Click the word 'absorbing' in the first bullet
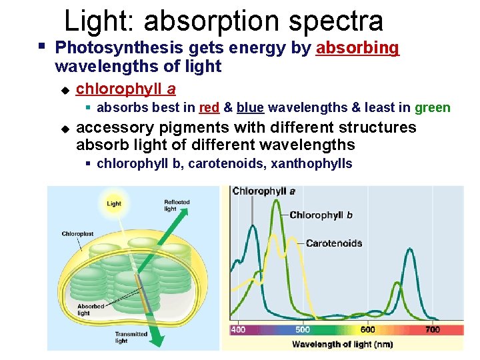tap(357, 48)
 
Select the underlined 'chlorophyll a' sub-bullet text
tap(126, 89)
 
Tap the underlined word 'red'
tap(209, 108)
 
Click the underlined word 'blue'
tap(250, 108)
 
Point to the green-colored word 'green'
tap(433, 108)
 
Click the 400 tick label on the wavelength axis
tap(238, 330)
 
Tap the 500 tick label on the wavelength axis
tap(303, 330)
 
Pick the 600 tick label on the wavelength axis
tap(367, 330)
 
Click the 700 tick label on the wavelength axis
tap(433, 330)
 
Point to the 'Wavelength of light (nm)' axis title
tap(342, 345)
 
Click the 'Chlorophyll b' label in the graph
tap(321, 215)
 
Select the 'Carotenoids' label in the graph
tap(334, 243)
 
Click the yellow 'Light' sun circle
tap(114, 203)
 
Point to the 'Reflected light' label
tap(177, 205)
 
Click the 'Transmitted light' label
tap(131, 337)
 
